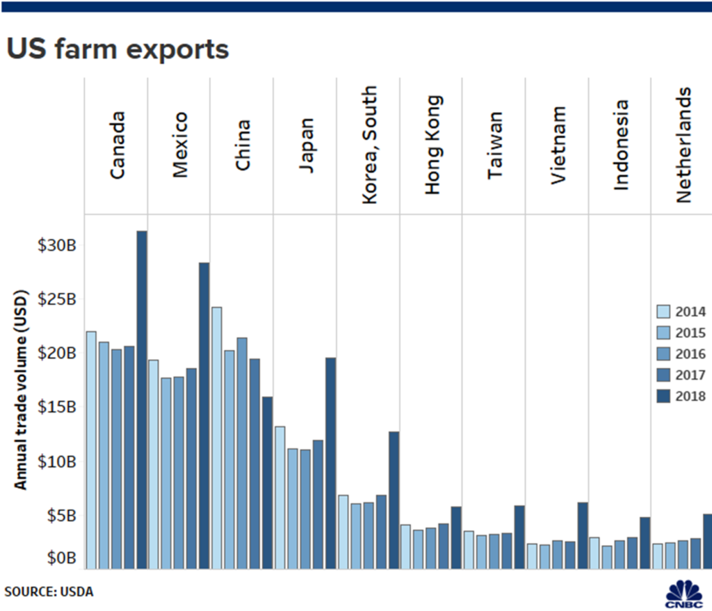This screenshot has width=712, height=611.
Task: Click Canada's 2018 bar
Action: pyautogui.click(x=141, y=399)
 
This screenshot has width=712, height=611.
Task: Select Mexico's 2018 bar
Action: pyautogui.click(x=204, y=415)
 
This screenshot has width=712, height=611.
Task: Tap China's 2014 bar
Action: pyautogui.click(x=217, y=438)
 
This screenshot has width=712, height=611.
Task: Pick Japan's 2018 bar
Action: pyautogui.click(x=330, y=463)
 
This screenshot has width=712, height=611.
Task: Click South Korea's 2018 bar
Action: pyautogui.click(x=394, y=500)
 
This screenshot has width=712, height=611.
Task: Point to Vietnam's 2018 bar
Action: pyautogui.click(x=583, y=535)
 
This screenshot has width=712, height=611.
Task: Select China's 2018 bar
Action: pyautogui.click(x=267, y=482)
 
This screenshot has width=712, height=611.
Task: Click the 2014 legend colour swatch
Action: pyautogui.click(x=663, y=312)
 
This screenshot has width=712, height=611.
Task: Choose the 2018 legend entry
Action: pyautogui.click(x=681, y=396)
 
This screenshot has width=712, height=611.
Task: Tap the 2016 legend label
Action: pyautogui.click(x=691, y=354)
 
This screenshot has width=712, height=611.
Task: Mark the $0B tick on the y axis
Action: pyautogui.click(x=60, y=557)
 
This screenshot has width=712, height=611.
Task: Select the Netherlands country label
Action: pyautogui.click(x=684, y=145)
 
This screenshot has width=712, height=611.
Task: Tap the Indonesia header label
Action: pyautogui.click(x=621, y=145)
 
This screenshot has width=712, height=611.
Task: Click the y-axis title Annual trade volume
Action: pyautogui.click(x=22, y=390)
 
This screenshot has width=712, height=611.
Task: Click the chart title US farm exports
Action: pyautogui.click(x=117, y=50)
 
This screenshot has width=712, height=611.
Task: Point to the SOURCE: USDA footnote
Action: pyautogui.click(x=49, y=592)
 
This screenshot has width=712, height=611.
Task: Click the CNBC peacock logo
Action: pyautogui.click(x=683, y=593)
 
